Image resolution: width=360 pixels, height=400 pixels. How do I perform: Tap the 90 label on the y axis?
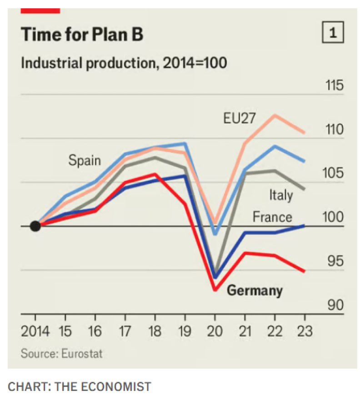pyautogui.click(x=335, y=304)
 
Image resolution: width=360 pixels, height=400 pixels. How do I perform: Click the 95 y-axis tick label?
pyautogui.click(x=335, y=261)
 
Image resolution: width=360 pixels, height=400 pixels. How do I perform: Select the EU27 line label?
pyautogui.click(x=240, y=118)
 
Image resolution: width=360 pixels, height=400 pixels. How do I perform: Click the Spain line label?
pyautogui.click(x=85, y=160)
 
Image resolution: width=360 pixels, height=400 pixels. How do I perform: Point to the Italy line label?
pyautogui.click(x=280, y=195)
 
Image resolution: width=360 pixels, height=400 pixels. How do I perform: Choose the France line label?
pyautogui.click(x=272, y=217)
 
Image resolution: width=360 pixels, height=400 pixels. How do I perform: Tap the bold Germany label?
pyautogui.click(x=255, y=290)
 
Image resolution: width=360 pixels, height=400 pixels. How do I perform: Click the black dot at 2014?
pyautogui.click(x=35, y=226)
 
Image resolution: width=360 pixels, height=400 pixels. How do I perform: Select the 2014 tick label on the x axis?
pyautogui.click(x=35, y=331)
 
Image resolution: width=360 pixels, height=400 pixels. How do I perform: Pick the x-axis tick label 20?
pyautogui.click(x=215, y=331)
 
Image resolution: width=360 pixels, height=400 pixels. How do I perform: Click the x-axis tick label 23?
pyautogui.click(x=305, y=331)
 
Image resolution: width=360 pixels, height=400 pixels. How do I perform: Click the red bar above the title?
pyautogui.click(x=40, y=10)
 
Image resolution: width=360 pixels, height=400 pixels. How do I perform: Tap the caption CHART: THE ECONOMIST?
pyautogui.click(x=80, y=387)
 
